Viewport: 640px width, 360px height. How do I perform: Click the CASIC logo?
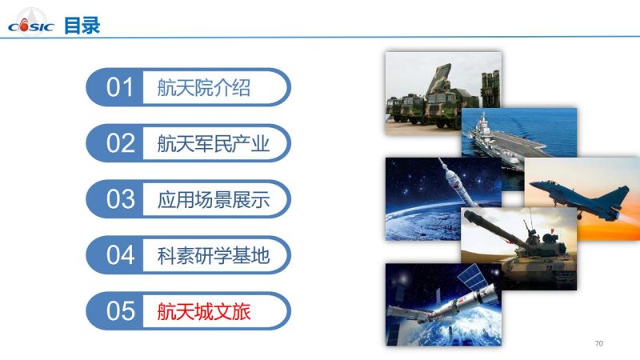pyautogui.click(x=30, y=25)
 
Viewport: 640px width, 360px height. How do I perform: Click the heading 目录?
pyautogui.click(x=82, y=26)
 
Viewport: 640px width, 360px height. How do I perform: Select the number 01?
pyautogui.click(x=119, y=87)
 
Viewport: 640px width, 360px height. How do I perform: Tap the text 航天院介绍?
pyautogui.click(x=204, y=88)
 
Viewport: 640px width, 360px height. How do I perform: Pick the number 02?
pyautogui.click(x=120, y=143)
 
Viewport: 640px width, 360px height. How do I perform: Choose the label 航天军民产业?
pyautogui.click(x=213, y=144)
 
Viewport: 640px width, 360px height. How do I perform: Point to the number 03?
pyautogui.click(x=120, y=199)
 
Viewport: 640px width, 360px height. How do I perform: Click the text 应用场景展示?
pyautogui.click(x=213, y=199)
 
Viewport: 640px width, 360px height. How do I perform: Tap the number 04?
pyautogui.click(x=120, y=255)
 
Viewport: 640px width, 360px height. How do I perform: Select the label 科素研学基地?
pyautogui.click(x=213, y=255)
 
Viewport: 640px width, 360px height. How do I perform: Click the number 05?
pyautogui.click(x=120, y=311)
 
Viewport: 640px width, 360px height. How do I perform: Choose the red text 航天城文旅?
pyautogui.click(x=204, y=311)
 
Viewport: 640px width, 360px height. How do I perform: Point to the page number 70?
pyautogui.click(x=598, y=343)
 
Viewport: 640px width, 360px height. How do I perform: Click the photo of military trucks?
pyautogui.click(x=443, y=93)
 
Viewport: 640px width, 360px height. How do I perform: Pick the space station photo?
pyautogui.click(x=443, y=305)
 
